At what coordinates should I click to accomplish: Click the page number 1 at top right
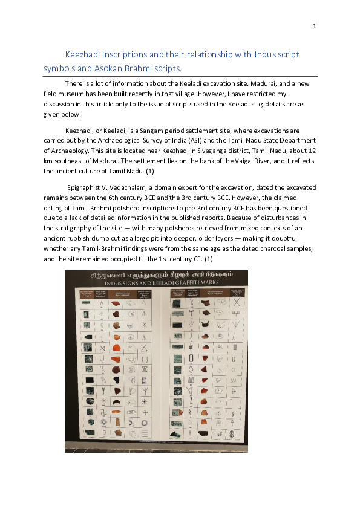315,26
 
